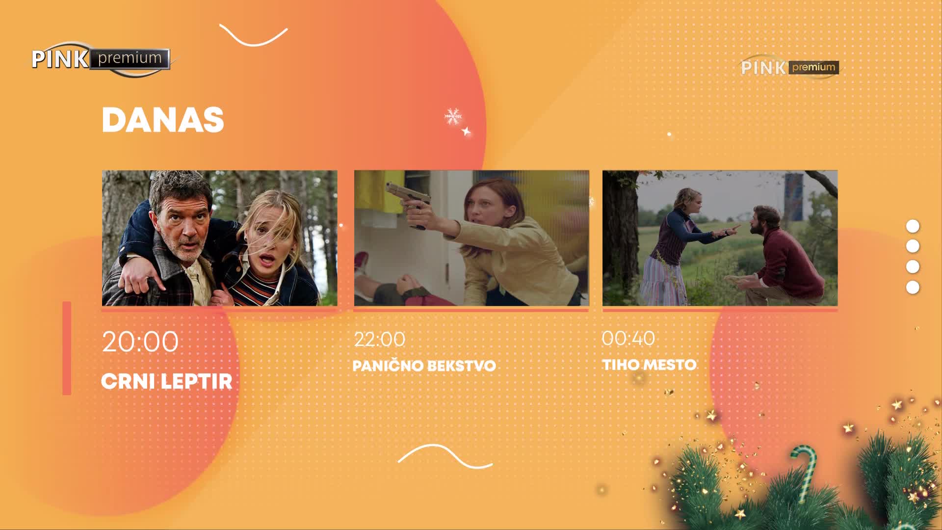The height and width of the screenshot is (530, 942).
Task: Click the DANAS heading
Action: coord(163,120)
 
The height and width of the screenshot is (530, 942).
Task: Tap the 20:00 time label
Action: coord(140,342)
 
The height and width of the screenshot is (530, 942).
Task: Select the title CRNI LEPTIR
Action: coord(166,381)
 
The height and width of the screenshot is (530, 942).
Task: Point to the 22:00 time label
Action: coord(380,340)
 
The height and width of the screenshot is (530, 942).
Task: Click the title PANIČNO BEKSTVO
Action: coord(424,366)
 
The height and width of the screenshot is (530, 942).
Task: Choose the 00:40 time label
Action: coord(628,338)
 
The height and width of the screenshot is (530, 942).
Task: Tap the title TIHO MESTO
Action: coord(649,365)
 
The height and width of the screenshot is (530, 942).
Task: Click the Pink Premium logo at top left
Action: coord(101,59)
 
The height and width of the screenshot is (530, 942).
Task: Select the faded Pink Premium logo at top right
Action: coord(789,67)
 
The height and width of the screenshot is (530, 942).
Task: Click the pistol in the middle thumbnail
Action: coord(408,203)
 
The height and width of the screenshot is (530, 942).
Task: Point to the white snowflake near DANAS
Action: coord(452,117)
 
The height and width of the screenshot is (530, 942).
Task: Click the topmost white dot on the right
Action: coord(913,226)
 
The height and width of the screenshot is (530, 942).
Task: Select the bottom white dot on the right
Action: coord(913,287)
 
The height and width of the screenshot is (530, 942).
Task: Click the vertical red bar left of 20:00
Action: coord(67,348)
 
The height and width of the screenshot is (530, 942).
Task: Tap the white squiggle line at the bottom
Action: coord(445,456)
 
